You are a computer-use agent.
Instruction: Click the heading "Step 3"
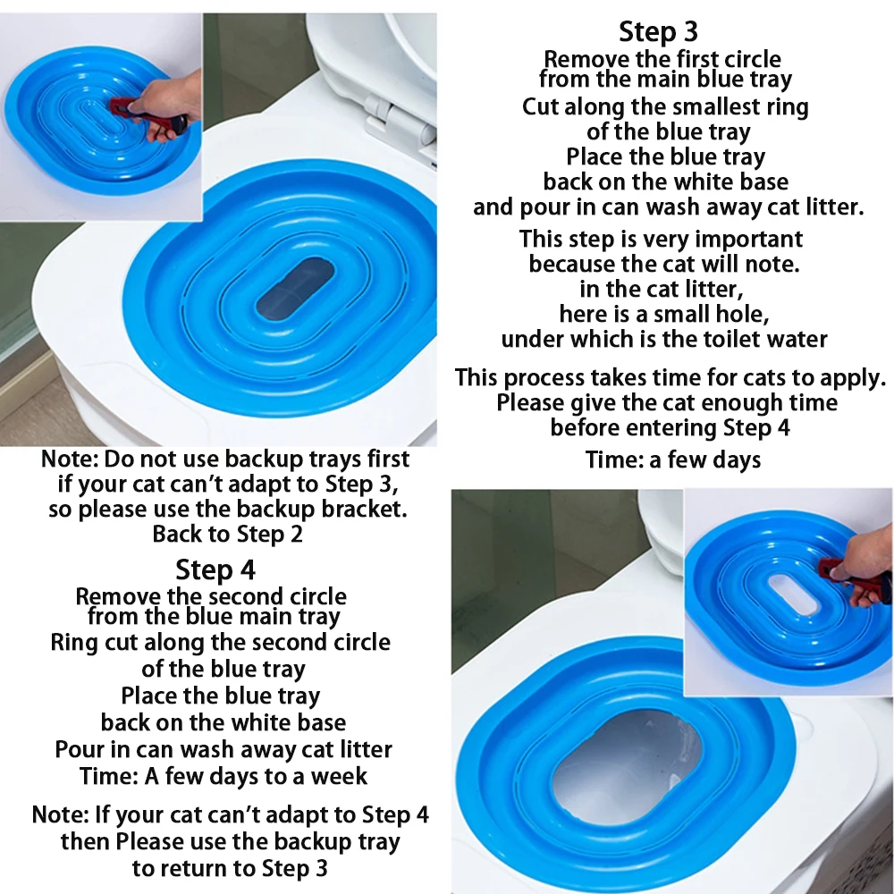(x=658, y=31)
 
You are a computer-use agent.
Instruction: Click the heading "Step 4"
(x=215, y=569)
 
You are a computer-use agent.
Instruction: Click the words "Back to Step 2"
(x=227, y=535)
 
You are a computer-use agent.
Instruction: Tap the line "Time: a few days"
(x=673, y=460)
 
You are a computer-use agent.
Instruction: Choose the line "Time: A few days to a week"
(x=223, y=776)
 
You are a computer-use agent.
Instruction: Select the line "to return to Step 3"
(x=230, y=868)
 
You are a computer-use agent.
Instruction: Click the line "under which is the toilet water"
(x=664, y=339)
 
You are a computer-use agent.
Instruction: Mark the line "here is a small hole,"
(x=664, y=314)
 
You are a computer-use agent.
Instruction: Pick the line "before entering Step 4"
(x=670, y=427)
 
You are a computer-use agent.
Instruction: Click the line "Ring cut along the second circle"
(x=220, y=643)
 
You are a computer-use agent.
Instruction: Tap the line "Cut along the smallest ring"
(x=665, y=107)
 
